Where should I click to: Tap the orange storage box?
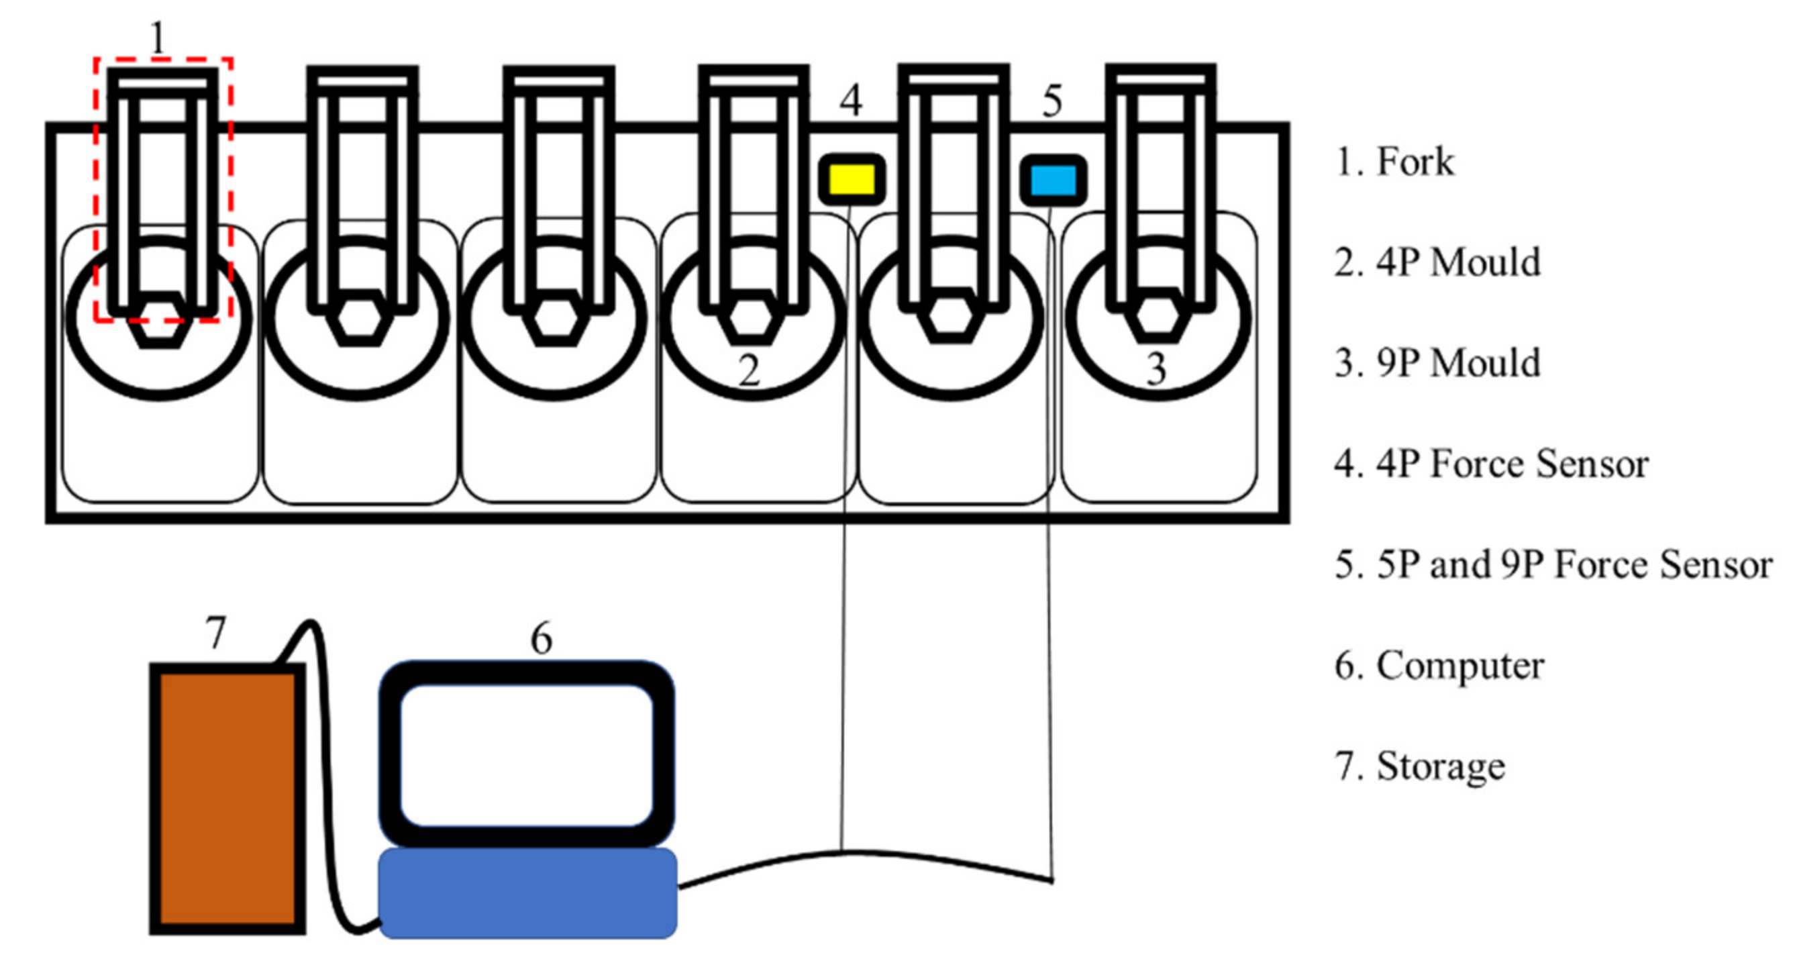pos(227,798)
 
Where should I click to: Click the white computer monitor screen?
pos(527,755)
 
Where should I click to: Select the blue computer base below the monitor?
pos(527,893)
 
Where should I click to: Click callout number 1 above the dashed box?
pos(158,38)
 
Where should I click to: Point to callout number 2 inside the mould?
pos(749,370)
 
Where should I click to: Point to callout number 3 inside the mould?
pos(1156,369)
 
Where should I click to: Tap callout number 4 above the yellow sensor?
pos(851,100)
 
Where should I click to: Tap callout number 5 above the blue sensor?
pos(1052,101)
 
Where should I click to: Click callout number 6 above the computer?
pos(542,638)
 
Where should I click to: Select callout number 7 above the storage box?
pos(216,633)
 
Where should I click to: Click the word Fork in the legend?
pos(1415,162)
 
